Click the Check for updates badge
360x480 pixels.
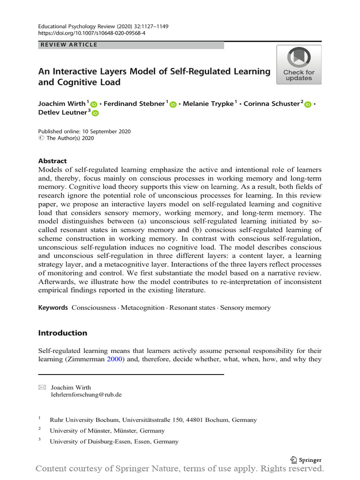(299, 65)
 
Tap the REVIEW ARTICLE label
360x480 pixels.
(69, 45)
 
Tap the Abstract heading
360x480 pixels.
(52, 161)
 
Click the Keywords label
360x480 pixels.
(53, 308)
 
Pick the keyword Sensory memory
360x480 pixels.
(245, 308)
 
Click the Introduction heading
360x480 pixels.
(62, 333)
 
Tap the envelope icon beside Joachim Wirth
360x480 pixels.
(42, 387)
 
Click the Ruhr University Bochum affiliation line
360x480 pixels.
(153, 420)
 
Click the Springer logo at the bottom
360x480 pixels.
(307, 460)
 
